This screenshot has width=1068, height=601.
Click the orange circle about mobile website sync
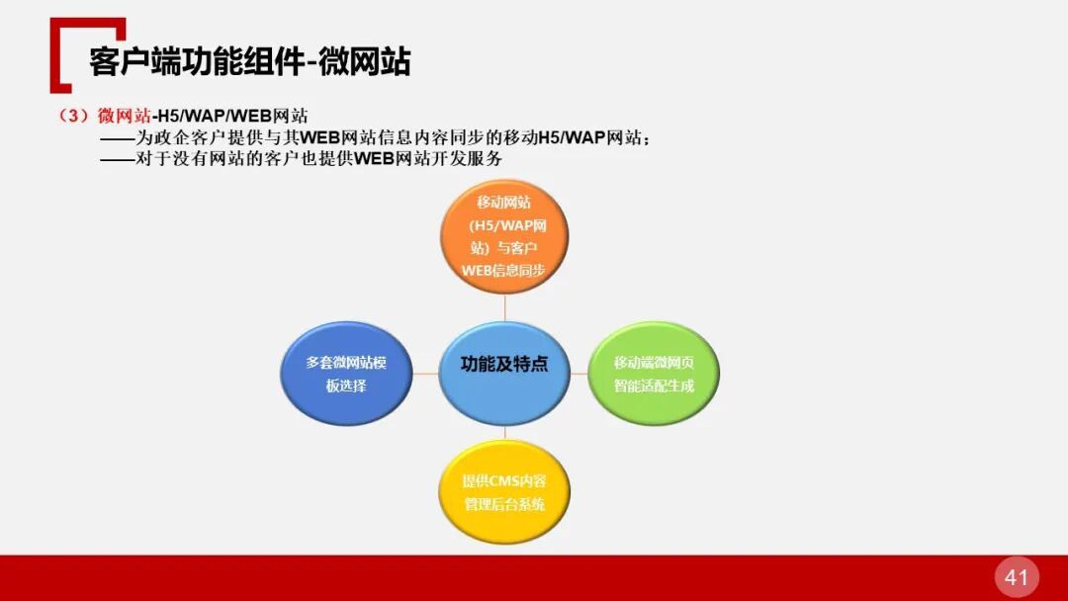(504, 236)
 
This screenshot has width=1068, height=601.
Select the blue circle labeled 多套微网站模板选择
(345, 373)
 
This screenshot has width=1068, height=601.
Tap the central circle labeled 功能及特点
(504, 365)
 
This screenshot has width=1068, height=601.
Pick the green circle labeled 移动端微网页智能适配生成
(654, 373)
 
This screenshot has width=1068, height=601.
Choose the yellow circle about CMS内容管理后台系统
(504, 492)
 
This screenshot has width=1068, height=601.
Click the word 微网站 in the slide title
(366, 61)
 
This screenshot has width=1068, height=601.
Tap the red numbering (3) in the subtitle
(76, 116)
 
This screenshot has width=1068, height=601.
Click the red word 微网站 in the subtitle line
(125, 116)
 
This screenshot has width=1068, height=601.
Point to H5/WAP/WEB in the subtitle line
(215, 116)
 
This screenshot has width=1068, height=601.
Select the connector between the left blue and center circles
(424, 374)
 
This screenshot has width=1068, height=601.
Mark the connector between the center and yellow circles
(504, 433)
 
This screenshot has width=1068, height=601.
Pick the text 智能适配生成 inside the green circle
(654, 386)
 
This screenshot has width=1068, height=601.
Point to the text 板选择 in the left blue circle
(346, 386)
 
